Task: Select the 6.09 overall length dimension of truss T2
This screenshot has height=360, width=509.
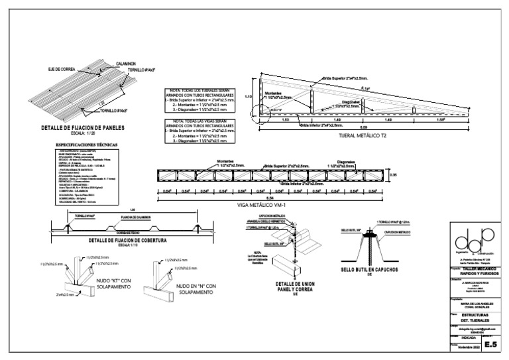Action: [344, 126]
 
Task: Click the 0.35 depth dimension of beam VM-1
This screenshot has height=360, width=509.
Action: [393, 175]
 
